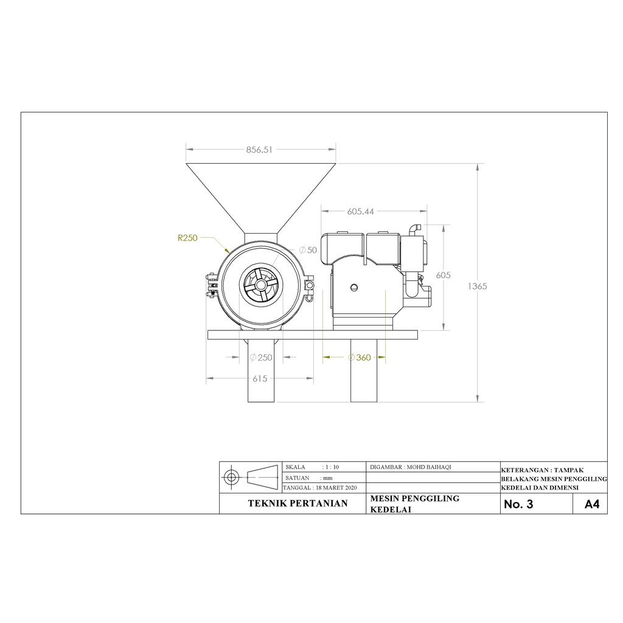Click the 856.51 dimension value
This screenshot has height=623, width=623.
tap(259, 150)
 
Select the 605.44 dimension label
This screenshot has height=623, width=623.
tap(360, 212)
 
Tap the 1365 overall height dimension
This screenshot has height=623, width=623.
tap(477, 286)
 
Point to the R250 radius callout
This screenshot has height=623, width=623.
tap(187, 238)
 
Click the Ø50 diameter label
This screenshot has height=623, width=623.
tap(308, 250)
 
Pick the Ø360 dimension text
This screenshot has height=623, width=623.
tap(359, 358)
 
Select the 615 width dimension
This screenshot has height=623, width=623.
tap(260, 378)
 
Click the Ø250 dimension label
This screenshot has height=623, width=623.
tap(260, 358)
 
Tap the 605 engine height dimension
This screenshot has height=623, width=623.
tap(443, 275)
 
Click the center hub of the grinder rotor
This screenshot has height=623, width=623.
tap(261, 285)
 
